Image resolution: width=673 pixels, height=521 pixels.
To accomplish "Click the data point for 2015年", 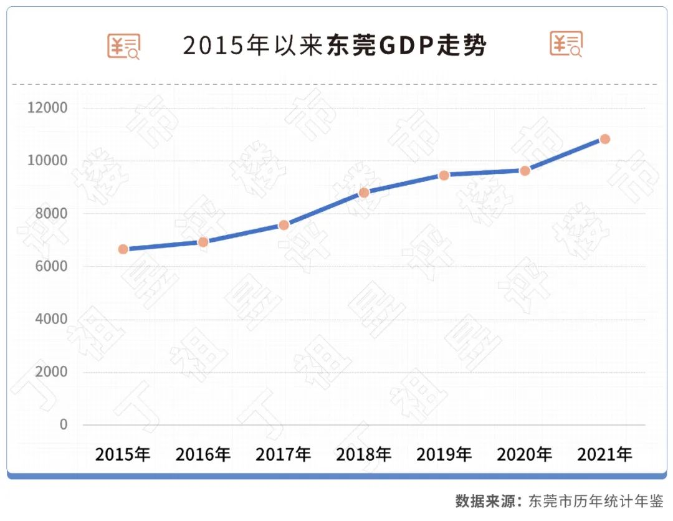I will tap(123, 249).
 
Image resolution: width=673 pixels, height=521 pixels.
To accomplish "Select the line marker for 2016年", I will tap(203, 242).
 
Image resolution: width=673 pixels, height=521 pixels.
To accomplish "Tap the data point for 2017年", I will tap(284, 225).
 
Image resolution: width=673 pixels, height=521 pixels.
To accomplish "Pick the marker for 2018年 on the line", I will tap(364, 193).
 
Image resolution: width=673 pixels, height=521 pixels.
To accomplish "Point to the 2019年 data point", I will tap(444, 175).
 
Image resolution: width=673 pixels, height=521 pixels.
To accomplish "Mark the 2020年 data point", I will tap(525, 171).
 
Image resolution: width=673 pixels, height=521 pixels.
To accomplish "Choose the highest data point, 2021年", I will tap(604, 139).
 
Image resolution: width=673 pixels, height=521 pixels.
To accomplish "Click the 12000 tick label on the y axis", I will tap(47, 108).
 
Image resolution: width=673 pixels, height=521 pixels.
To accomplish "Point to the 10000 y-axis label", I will tap(47, 161).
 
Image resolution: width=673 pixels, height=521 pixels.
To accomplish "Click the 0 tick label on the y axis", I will tap(64, 424).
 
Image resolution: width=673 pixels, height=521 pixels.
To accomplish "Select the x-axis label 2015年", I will tap(123, 454).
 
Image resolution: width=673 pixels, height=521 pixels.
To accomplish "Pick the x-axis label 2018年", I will tap(364, 454).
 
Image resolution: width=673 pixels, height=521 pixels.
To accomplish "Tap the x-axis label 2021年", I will tap(604, 454).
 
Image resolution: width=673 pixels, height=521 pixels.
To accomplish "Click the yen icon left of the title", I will tap(124, 45).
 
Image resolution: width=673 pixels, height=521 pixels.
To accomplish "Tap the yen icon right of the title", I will tap(566, 44).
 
